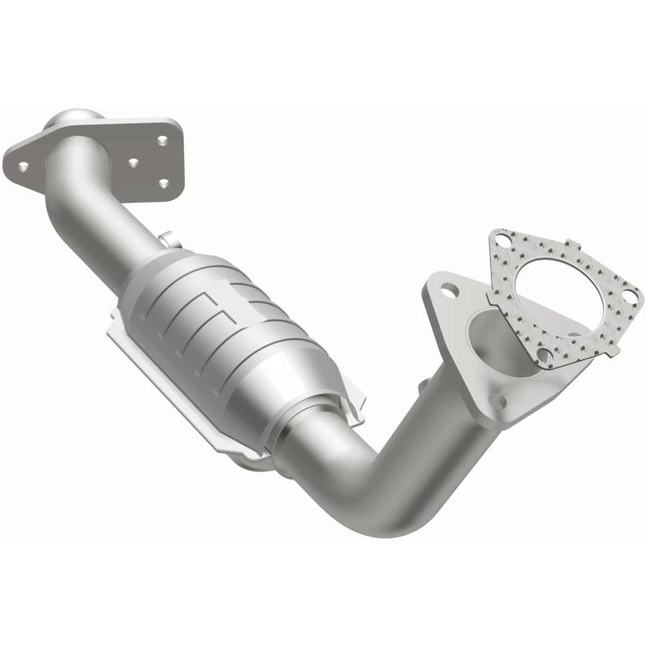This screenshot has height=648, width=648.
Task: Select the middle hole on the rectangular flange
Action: pos(132,162)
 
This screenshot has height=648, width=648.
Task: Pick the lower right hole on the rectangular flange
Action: pos(164,184)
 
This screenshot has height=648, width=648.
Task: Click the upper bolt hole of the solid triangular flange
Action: pos(446,288)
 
